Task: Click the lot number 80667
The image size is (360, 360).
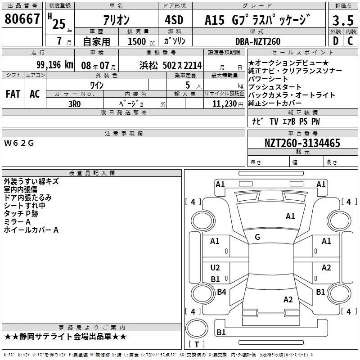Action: (x=22, y=18)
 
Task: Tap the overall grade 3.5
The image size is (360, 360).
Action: (x=343, y=20)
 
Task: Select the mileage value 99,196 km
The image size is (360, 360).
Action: (x=55, y=65)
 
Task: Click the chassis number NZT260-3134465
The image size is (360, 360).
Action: (x=302, y=143)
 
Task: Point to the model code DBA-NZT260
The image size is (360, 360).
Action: (x=258, y=41)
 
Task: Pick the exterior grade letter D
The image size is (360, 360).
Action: (x=336, y=41)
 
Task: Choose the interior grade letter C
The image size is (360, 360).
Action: (x=350, y=41)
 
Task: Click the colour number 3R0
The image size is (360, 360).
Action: (x=75, y=104)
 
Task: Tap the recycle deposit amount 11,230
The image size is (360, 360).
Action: (x=225, y=104)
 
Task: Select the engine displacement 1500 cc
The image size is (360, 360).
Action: (x=141, y=41)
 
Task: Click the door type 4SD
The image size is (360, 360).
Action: (x=174, y=20)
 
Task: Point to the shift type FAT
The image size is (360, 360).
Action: (x=13, y=94)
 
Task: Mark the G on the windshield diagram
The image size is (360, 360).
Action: (x=257, y=237)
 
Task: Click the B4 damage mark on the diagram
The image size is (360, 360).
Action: (x=221, y=292)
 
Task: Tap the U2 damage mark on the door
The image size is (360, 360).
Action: (x=215, y=268)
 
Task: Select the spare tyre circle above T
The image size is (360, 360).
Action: (x=197, y=328)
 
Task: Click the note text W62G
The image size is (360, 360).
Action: (x=19, y=143)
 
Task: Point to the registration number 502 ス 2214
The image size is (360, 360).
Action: (x=182, y=66)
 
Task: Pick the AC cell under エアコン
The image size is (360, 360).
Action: (x=35, y=94)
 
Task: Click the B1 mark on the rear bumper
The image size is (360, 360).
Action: (x=221, y=332)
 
